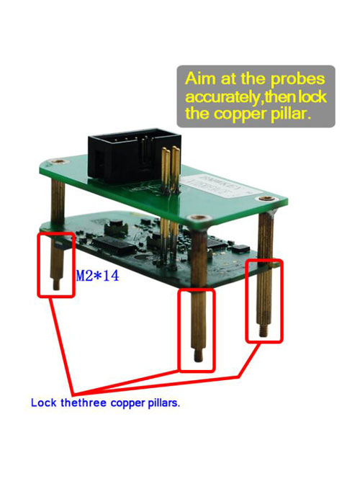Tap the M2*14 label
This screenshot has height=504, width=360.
click(x=97, y=276)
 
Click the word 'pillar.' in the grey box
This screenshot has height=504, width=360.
click(x=291, y=114)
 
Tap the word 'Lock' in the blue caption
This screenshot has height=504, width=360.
click(x=44, y=402)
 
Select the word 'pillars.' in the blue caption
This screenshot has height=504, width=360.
click(x=164, y=402)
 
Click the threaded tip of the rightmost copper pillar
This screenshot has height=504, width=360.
click(x=264, y=330)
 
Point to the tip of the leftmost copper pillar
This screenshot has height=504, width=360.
click(x=56, y=284)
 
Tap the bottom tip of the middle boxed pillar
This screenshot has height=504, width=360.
click(x=198, y=356)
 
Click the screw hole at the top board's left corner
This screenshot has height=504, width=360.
click(x=58, y=161)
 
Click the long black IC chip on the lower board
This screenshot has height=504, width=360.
click(x=113, y=246)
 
